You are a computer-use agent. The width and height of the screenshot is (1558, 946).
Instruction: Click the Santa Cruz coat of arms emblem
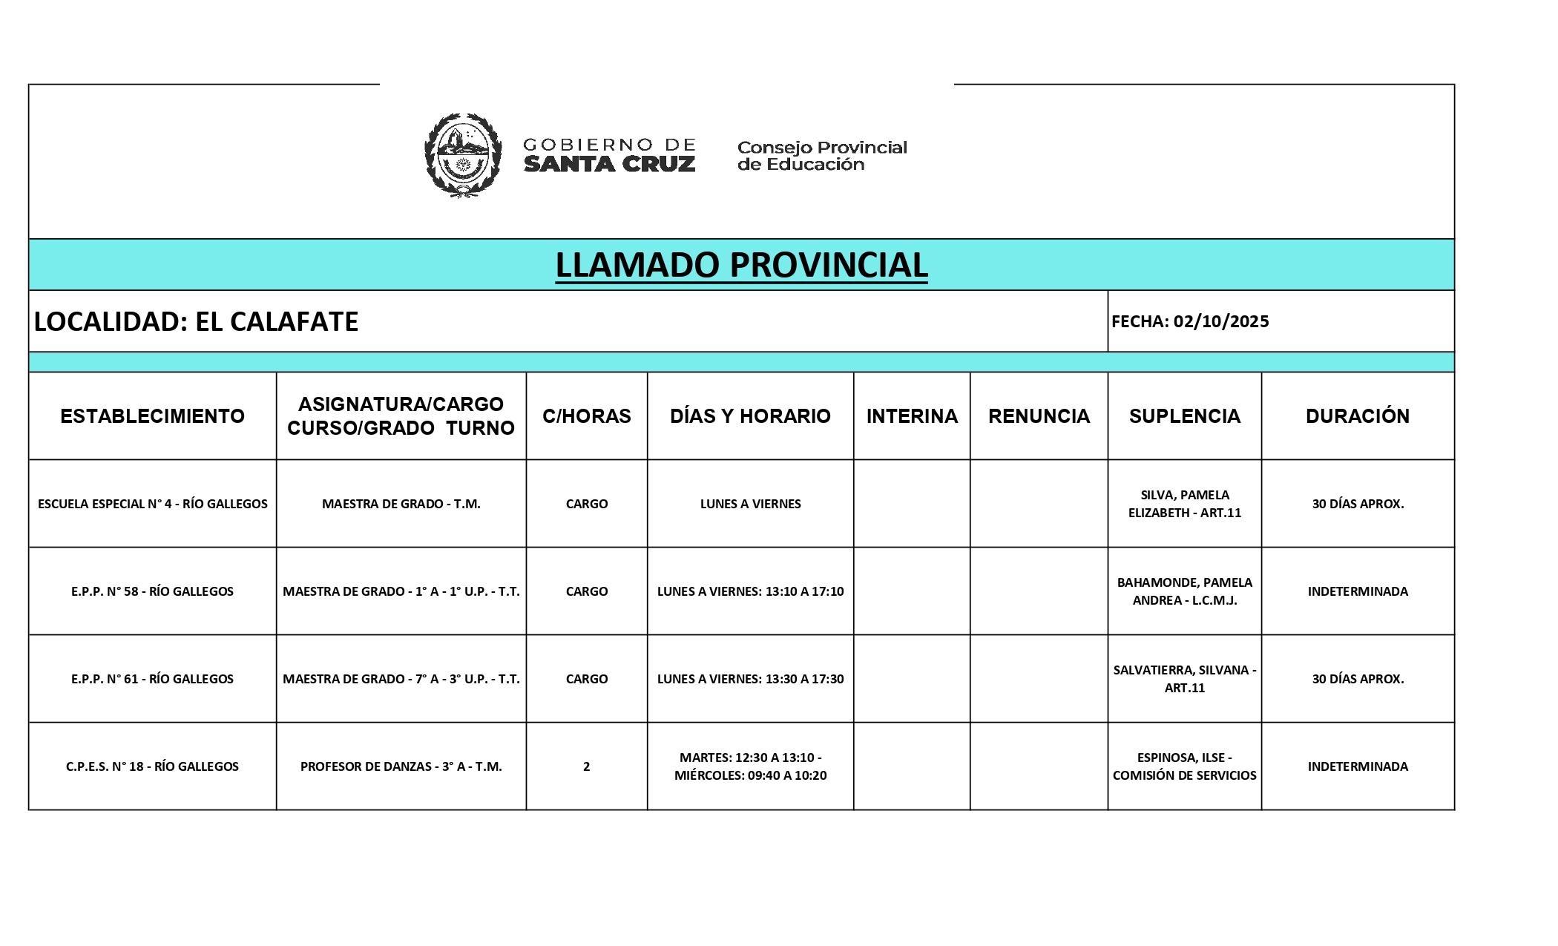pyautogui.click(x=462, y=155)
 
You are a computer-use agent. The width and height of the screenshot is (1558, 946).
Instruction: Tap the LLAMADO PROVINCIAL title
pyautogui.click(x=741, y=265)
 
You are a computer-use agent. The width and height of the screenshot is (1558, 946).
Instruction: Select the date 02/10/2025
pyautogui.click(x=1220, y=321)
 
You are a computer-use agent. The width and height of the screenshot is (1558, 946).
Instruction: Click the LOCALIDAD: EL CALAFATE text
pyautogui.click(x=197, y=321)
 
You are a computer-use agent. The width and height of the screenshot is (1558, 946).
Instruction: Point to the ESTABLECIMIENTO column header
pyautogui.click(x=152, y=416)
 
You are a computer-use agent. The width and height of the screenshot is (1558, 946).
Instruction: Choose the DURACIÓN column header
pyautogui.click(x=1357, y=416)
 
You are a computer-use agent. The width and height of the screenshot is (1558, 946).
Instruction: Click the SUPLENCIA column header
pyautogui.click(x=1184, y=416)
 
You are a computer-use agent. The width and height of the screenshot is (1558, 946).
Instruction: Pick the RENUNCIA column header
pyautogui.click(x=1039, y=416)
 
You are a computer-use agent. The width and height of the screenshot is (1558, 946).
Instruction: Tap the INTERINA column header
pyautogui.click(x=912, y=416)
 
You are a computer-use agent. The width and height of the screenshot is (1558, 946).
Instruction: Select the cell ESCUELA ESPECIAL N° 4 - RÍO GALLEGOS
pyautogui.click(x=152, y=504)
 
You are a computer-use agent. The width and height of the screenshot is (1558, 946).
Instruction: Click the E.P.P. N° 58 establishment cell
pyautogui.click(x=152, y=591)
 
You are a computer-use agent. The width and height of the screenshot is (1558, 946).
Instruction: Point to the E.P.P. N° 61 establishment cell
pyautogui.click(x=152, y=679)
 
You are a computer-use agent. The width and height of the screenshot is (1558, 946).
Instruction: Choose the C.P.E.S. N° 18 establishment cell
pyautogui.click(x=152, y=766)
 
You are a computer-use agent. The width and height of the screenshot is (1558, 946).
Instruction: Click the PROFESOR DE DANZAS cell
pyautogui.click(x=401, y=766)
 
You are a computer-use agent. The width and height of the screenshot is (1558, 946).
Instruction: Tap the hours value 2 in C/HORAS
pyautogui.click(x=586, y=766)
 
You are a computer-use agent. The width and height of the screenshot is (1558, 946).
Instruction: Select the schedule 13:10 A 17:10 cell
pyautogui.click(x=750, y=591)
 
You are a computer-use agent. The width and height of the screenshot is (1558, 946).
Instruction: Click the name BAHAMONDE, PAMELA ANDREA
pyautogui.click(x=1184, y=591)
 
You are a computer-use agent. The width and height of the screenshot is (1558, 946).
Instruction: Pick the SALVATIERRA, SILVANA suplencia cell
pyautogui.click(x=1184, y=679)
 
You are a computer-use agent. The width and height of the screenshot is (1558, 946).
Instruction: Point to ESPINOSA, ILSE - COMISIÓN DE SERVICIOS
pyautogui.click(x=1184, y=766)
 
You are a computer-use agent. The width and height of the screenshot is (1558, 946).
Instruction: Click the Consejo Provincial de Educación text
pyautogui.click(x=821, y=156)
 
